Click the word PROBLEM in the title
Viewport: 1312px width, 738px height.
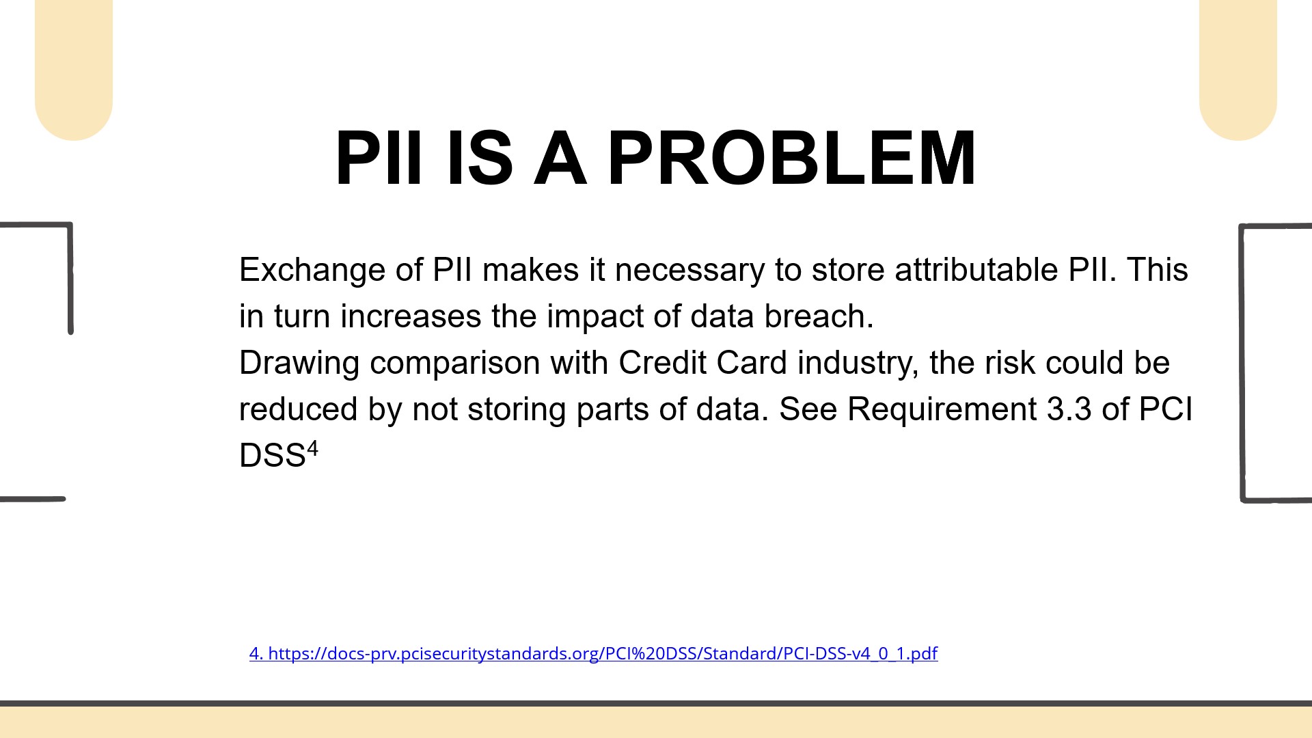coord(792,158)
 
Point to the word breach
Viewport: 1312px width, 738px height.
coord(819,316)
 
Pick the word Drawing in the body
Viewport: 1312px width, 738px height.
coord(299,364)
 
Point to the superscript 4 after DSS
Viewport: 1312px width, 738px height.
coord(312,449)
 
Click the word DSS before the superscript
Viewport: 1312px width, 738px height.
coord(272,455)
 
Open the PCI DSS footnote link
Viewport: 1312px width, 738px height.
coord(593,653)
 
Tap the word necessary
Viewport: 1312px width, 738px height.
coord(689,271)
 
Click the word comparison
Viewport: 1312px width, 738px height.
coord(455,364)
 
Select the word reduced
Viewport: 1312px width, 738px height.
coord(299,409)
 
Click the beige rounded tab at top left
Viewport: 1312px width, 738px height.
coord(74,68)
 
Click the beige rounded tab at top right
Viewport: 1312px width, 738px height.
coord(1238,68)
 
